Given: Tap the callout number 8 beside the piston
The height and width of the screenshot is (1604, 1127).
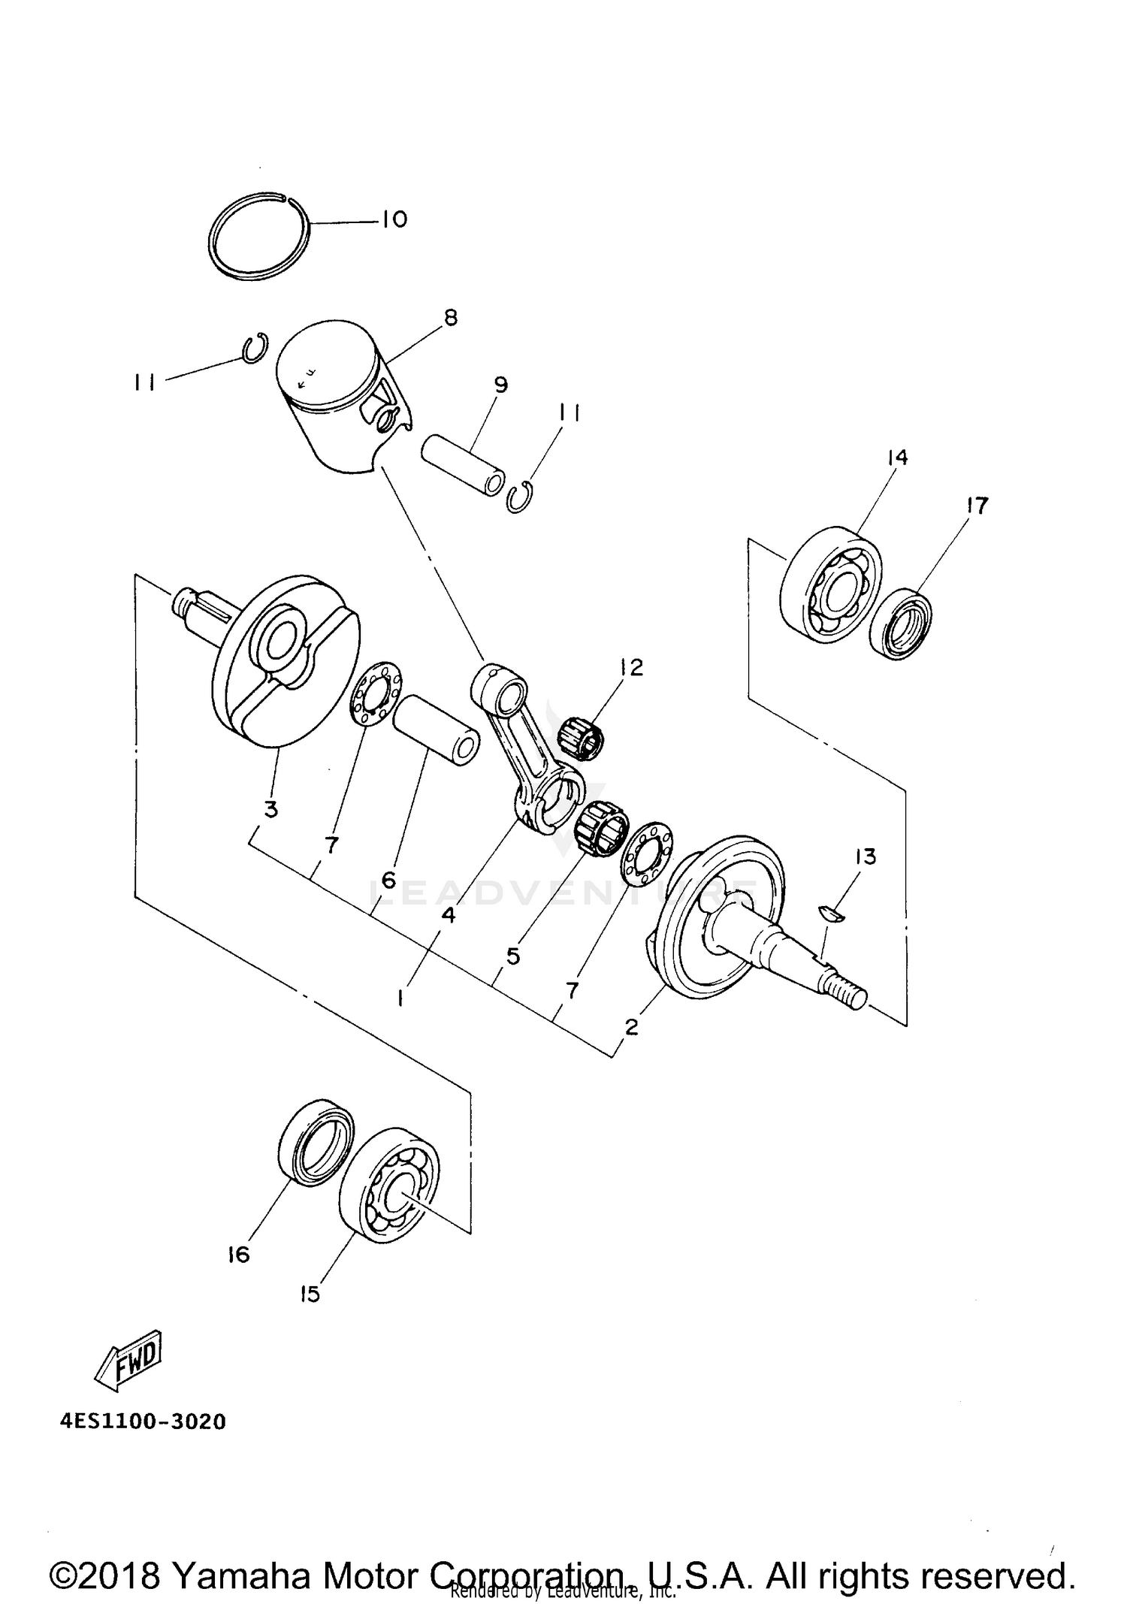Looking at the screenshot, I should [x=450, y=318].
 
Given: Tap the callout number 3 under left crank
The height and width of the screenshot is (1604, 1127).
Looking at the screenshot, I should [x=270, y=810].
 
